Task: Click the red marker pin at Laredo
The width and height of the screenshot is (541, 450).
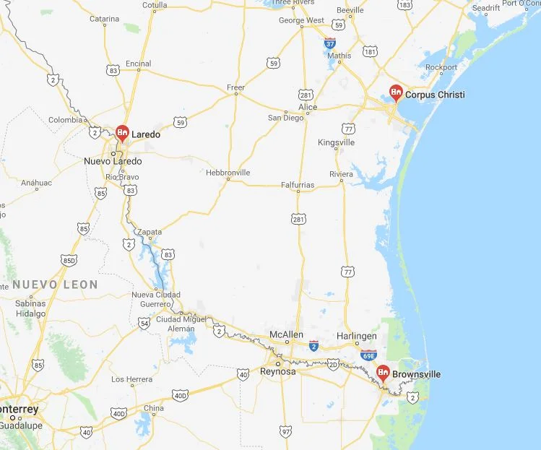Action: [123, 133]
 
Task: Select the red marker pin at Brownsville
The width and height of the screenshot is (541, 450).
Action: [384, 373]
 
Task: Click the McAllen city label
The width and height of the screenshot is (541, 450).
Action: [285, 335]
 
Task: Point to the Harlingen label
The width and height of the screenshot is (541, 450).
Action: [357, 336]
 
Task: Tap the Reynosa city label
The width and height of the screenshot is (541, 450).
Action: [278, 371]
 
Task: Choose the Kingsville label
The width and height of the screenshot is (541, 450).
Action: [337, 142]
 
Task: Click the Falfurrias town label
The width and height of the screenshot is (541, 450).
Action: [298, 185]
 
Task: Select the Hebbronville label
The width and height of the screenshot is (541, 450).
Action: [228, 173]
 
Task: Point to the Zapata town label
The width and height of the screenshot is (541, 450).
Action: [150, 231]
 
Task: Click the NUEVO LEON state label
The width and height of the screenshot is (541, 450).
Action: [55, 285]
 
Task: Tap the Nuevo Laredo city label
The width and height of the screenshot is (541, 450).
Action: [113, 161]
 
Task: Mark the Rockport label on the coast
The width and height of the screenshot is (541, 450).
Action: [441, 67]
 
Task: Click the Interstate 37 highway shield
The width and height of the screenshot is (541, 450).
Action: [330, 43]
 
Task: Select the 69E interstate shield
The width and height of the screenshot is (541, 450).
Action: [368, 355]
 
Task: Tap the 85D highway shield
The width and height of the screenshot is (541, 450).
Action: [69, 259]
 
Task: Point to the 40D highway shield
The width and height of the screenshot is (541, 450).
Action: [181, 395]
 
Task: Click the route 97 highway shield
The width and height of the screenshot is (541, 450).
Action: [285, 431]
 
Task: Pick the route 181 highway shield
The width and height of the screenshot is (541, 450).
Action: [370, 51]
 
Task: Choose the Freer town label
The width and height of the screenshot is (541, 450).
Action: [236, 88]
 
